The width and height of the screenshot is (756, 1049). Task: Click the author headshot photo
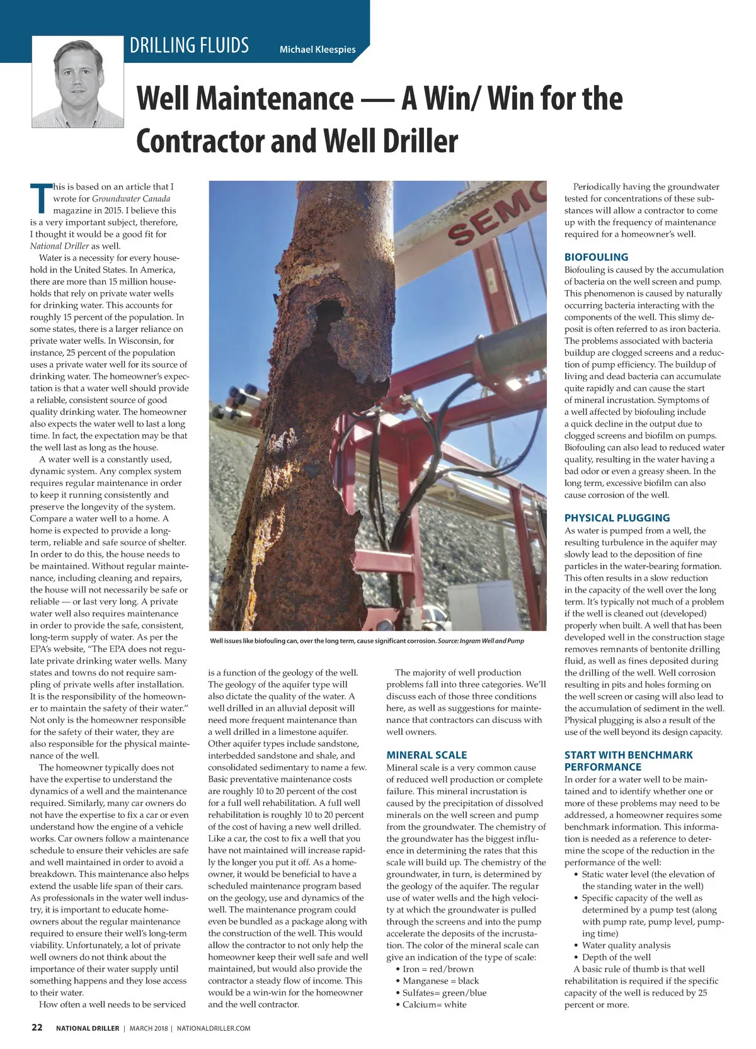point(77,82)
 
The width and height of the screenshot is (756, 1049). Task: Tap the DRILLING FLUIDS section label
point(189,46)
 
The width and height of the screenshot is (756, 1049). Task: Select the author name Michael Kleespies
point(318,49)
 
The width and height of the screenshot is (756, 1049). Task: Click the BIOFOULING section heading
point(596,257)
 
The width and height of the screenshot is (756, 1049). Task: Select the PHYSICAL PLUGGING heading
point(617,518)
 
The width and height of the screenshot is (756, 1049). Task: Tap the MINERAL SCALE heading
point(427,755)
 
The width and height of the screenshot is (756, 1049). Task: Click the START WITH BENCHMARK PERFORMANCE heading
point(628,761)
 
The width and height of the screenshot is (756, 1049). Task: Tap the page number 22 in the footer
point(37,1027)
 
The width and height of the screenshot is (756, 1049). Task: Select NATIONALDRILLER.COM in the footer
point(214,1028)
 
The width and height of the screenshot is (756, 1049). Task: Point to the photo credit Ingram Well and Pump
point(491,641)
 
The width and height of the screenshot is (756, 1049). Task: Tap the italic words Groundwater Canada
point(131,198)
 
